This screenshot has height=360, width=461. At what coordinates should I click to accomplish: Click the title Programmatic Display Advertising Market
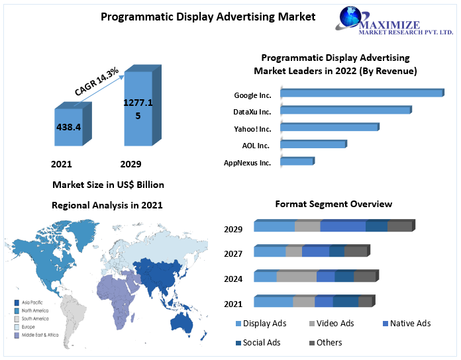click(x=208, y=17)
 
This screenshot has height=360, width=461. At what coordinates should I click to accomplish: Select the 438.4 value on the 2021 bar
click(x=69, y=126)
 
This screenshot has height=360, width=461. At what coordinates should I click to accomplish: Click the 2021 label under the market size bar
click(x=62, y=164)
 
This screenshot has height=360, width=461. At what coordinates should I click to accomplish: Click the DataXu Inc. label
click(x=252, y=112)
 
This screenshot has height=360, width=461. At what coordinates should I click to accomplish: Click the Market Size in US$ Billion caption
click(x=108, y=185)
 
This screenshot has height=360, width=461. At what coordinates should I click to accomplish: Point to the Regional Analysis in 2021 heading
click(x=107, y=206)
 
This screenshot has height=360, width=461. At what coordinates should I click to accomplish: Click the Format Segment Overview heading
click(x=333, y=204)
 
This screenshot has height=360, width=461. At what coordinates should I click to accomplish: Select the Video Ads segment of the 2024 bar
click(x=296, y=277)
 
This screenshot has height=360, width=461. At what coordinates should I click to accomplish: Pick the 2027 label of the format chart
click(x=233, y=254)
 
